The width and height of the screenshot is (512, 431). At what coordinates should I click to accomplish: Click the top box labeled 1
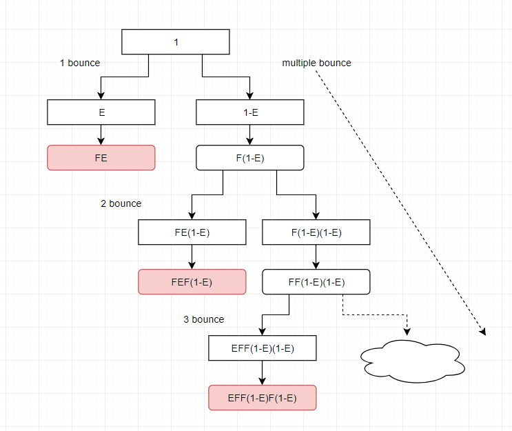point(176,42)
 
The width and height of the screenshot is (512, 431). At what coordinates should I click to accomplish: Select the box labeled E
point(101,112)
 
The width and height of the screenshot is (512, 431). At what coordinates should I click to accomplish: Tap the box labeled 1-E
point(250,112)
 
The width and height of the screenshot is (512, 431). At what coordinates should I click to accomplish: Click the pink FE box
point(101,158)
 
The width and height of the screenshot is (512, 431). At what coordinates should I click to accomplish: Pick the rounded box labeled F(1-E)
point(250,158)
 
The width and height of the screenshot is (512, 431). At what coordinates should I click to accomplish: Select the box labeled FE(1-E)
point(192,232)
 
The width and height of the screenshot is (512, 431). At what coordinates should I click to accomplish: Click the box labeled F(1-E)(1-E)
point(316,232)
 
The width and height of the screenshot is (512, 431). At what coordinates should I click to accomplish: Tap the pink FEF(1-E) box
point(192,281)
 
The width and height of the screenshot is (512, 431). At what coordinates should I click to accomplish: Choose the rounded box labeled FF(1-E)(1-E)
point(316,281)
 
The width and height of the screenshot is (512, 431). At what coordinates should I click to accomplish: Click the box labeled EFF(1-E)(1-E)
point(263,348)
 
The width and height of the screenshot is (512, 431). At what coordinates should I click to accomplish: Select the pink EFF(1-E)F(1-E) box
point(263,398)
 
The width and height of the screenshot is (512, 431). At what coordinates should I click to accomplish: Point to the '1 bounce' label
point(80,63)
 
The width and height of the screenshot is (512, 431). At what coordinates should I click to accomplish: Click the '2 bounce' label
point(121,203)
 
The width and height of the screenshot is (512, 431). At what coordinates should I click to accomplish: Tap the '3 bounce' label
point(204,319)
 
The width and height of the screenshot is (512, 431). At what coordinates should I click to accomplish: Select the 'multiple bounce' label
point(317,63)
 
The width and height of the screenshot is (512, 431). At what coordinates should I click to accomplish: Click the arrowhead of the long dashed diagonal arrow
point(484,332)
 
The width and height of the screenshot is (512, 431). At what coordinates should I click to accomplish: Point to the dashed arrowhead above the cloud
point(407,332)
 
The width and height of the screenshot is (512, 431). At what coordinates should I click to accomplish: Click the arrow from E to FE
point(101,135)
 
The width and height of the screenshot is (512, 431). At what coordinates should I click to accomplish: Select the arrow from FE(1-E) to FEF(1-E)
point(192,257)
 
